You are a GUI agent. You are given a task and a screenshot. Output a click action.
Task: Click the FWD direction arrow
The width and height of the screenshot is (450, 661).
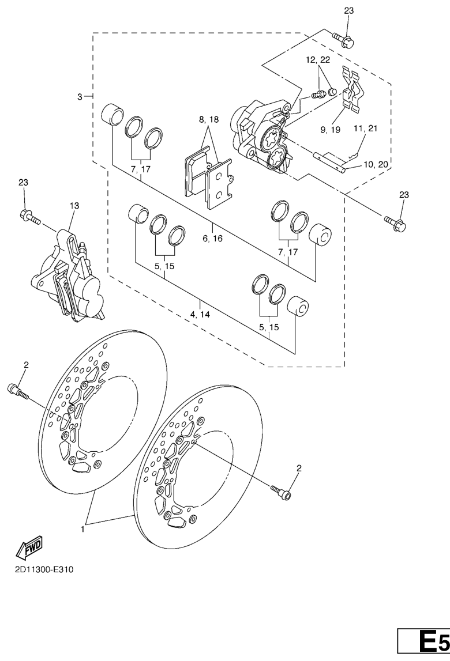point(29,547)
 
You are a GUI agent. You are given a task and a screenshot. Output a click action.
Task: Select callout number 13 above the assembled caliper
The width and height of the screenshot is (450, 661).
point(74,206)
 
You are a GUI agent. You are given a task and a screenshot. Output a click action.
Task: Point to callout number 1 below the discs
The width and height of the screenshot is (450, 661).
point(82,528)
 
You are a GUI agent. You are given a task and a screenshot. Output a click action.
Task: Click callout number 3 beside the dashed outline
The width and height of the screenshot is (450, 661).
point(80,97)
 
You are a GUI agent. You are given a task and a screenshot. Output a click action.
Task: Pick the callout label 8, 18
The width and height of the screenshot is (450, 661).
point(209,119)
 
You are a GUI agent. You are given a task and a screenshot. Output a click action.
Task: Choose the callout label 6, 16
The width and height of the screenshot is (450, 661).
point(212,239)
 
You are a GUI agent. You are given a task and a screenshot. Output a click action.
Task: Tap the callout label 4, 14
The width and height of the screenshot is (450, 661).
point(200,315)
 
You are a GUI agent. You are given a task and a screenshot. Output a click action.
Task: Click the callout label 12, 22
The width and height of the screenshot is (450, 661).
point(318,60)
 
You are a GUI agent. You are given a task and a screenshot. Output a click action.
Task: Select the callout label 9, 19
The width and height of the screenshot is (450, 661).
point(330,130)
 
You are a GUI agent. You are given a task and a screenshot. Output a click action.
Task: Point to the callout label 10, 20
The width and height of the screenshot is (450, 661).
point(376,164)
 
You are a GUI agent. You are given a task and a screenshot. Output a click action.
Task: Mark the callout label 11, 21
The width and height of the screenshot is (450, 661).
point(366,128)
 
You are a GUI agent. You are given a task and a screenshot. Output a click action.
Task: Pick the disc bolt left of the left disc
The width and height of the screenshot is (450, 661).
point(18,391)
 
